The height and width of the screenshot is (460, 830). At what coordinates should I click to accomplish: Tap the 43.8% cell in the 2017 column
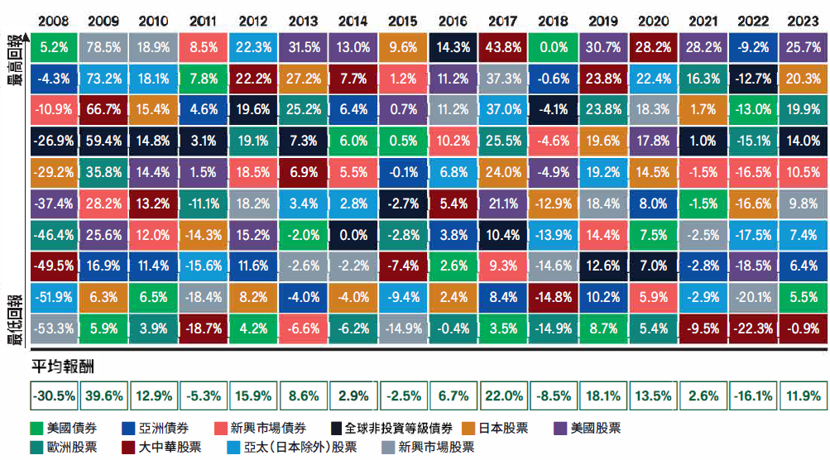[x=504, y=49]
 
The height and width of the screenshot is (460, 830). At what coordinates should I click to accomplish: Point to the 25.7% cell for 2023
[x=803, y=49]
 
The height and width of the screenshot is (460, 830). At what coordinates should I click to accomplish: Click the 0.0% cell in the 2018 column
[x=554, y=49]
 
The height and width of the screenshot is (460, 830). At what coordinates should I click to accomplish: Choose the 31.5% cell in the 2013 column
[x=304, y=49]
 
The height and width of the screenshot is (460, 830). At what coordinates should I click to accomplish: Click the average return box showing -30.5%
[x=54, y=396]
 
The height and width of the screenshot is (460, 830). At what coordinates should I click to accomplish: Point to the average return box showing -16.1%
[x=753, y=396]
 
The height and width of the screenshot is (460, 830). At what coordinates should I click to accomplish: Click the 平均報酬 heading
[x=61, y=365]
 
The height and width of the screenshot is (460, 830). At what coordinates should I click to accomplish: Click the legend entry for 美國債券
[x=66, y=428]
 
